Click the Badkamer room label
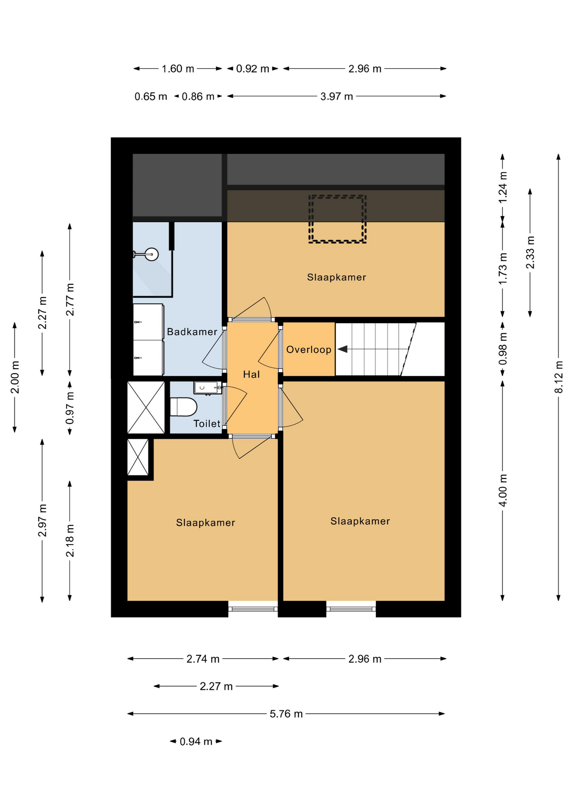[x=192, y=332]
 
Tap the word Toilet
[x=207, y=424]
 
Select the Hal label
[x=251, y=374]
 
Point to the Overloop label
[x=309, y=349]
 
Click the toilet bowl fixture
[x=184, y=407]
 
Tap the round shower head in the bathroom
[x=151, y=254]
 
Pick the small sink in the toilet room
[x=208, y=388]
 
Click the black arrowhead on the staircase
[x=343, y=349]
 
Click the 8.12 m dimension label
[x=558, y=377]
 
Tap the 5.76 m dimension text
[x=286, y=714]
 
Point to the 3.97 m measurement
[x=336, y=97]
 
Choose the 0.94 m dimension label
[x=196, y=741]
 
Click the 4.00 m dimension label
[x=503, y=491]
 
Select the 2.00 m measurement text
[x=15, y=377]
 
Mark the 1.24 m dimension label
[x=503, y=187]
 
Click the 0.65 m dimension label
[x=151, y=97]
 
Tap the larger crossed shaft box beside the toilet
[x=146, y=407]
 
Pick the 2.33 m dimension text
[x=530, y=252]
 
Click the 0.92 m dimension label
[x=252, y=69]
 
